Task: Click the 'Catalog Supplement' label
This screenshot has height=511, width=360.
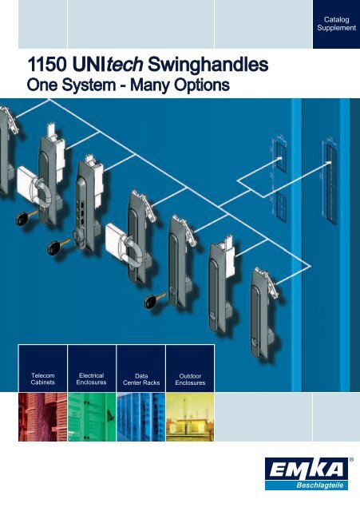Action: point(336,24)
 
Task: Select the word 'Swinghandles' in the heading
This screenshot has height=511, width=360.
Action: point(208,65)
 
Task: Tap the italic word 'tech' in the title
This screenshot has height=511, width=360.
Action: point(125,65)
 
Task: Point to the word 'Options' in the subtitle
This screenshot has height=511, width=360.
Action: point(201,85)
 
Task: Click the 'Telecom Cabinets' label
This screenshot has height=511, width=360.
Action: point(42,378)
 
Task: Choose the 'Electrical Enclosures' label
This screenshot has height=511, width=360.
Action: point(91,378)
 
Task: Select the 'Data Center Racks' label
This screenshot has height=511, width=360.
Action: point(141,379)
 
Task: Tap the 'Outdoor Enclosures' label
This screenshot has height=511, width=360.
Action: point(190,379)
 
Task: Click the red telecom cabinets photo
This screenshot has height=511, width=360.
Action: point(42,417)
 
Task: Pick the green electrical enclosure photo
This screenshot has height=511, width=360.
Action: point(92,417)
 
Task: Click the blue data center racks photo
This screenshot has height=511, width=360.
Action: point(141,417)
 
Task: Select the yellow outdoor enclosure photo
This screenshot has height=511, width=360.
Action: point(190,417)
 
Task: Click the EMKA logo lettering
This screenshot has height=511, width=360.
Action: point(307,469)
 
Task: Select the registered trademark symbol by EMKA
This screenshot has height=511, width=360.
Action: point(351,460)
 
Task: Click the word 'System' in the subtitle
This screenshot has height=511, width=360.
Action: point(88,85)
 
